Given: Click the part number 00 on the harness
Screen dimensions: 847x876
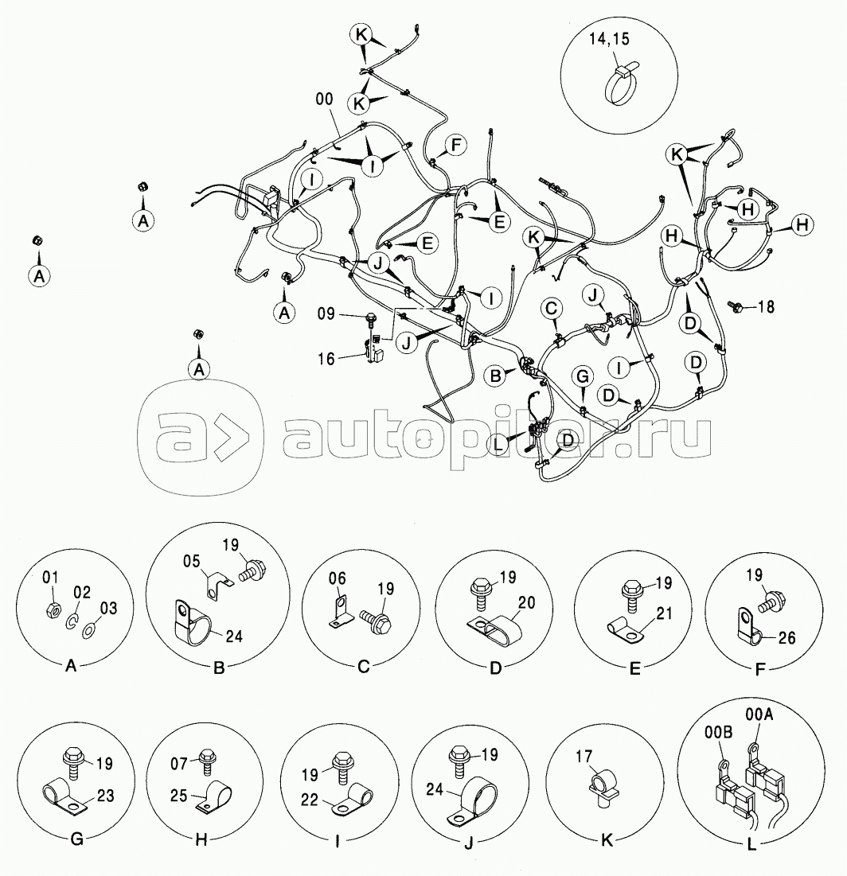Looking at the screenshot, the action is [x=324, y=99].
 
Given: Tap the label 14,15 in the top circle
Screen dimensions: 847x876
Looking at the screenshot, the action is [x=609, y=38].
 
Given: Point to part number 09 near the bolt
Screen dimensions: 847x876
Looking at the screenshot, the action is [x=326, y=314].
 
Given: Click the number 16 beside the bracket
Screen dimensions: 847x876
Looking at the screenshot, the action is [x=326, y=359].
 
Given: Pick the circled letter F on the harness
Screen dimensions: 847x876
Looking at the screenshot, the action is [x=455, y=146].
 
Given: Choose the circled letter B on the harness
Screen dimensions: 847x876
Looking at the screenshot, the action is [x=495, y=376].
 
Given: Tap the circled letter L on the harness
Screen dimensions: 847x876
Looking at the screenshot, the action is [x=498, y=445].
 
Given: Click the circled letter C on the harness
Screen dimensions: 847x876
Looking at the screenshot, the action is [x=551, y=309].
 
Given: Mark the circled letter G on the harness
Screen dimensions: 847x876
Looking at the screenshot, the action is [x=583, y=376].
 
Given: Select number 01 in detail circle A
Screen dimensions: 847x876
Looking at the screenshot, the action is [x=50, y=577].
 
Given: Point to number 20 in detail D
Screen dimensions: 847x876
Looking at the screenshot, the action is [x=527, y=603].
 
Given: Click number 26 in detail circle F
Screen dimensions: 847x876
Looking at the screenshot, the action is [x=786, y=637].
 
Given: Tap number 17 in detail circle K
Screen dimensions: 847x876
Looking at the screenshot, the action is [x=584, y=757].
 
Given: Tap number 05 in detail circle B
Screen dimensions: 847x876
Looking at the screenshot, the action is [x=192, y=561].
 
